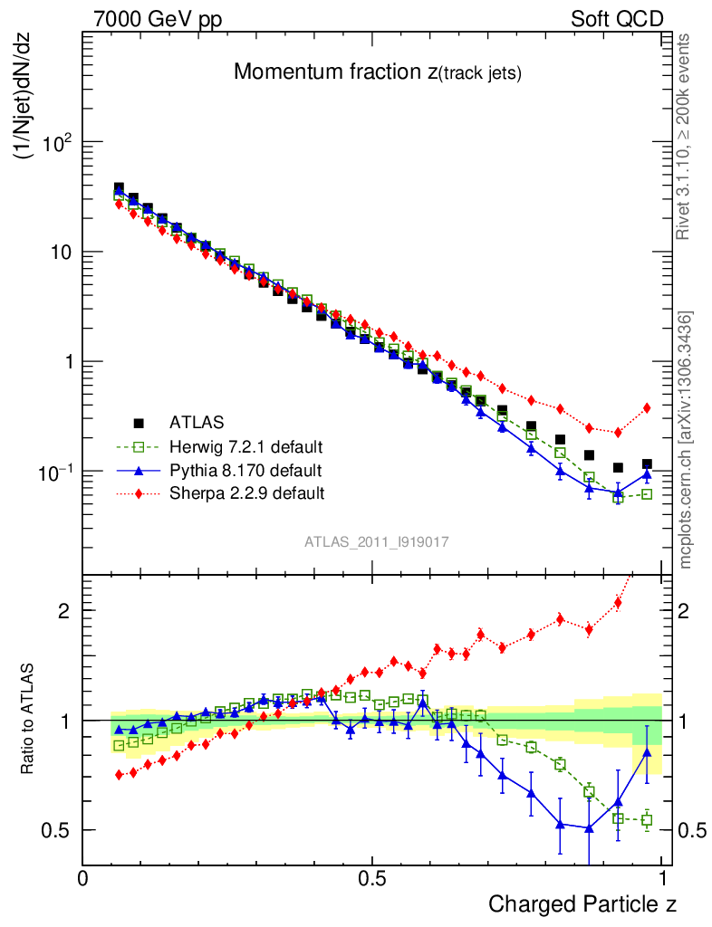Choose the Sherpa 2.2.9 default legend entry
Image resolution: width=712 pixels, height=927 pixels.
tap(246, 493)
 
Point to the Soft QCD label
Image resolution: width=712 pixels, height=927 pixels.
tap(617, 19)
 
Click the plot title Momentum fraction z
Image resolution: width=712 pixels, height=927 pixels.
tap(377, 72)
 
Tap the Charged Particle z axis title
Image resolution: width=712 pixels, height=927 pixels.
tap(582, 903)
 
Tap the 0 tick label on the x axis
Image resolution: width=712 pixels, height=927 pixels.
tap(82, 878)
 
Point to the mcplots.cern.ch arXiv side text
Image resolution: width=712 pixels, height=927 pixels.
tap(687, 440)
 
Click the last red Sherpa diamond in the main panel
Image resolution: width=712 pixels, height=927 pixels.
tap(647, 408)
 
